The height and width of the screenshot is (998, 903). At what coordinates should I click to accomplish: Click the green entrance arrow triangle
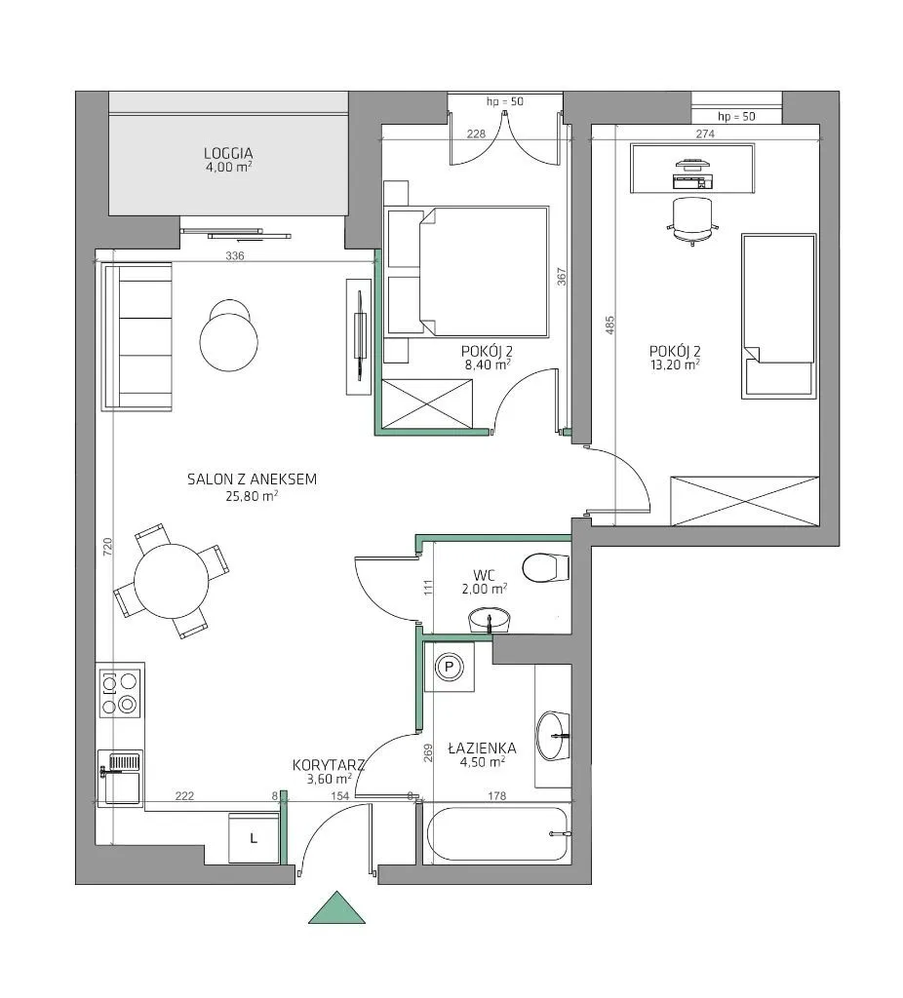(x=336, y=909)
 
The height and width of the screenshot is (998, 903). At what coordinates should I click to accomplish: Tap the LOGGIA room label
(x=228, y=153)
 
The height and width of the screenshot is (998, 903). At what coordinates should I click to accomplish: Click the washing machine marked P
(x=450, y=667)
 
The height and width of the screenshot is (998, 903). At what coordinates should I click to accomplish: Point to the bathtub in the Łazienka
(x=496, y=834)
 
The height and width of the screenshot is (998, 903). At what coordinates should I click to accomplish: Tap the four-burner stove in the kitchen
(x=120, y=693)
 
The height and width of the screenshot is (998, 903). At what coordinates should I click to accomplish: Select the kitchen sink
(x=120, y=777)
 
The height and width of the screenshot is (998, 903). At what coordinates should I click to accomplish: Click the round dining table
(x=172, y=581)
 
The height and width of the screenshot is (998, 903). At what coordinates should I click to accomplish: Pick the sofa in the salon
(x=137, y=336)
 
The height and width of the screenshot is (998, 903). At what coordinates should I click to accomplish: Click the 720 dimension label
(x=107, y=547)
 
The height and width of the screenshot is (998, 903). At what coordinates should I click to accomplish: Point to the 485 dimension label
(x=609, y=326)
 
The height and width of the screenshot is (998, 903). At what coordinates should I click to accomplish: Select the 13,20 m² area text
(x=675, y=365)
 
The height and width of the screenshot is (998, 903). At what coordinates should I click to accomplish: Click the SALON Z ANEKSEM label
(x=253, y=480)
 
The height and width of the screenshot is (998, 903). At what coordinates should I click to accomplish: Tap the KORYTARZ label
(x=329, y=765)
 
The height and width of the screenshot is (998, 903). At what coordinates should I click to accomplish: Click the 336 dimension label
(x=235, y=256)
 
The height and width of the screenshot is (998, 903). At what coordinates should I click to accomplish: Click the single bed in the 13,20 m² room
(x=779, y=317)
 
